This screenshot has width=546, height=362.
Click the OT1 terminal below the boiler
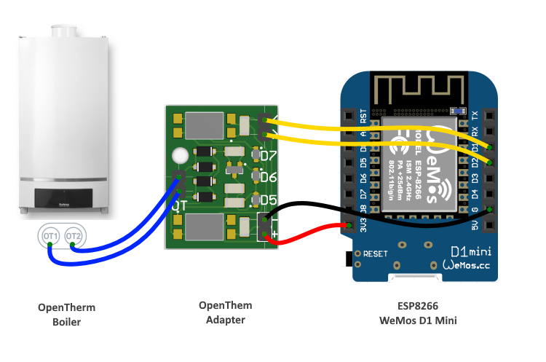point(50,237)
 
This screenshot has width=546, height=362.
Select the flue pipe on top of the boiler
point(63,31)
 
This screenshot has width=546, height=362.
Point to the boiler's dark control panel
point(63,197)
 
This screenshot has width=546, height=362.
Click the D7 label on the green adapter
point(269,156)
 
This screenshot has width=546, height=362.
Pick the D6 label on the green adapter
point(269,178)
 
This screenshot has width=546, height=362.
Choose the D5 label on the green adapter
point(269,200)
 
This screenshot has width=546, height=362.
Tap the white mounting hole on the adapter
point(180,156)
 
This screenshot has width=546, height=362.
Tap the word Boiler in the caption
point(66,321)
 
